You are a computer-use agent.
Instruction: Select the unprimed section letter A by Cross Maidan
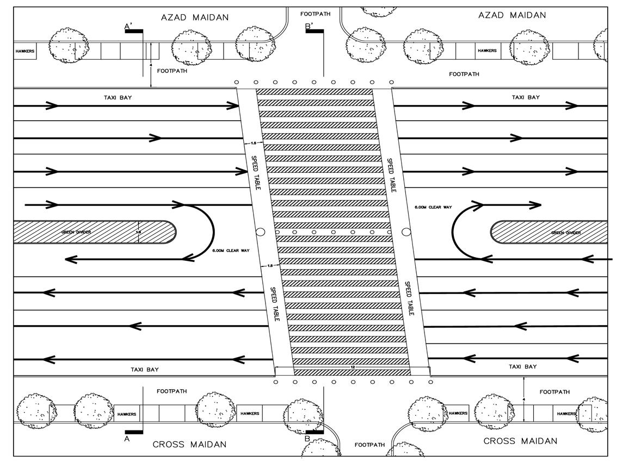point(127,439)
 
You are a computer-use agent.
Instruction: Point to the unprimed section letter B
point(307,439)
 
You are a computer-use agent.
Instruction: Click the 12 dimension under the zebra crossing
point(353,368)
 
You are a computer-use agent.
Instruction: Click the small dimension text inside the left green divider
point(138,232)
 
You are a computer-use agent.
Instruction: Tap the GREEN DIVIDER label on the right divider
point(566,233)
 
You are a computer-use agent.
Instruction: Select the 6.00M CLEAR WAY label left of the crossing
point(231,250)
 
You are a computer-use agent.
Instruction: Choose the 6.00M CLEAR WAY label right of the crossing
point(433,207)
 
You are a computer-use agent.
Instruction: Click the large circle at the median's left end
point(261,232)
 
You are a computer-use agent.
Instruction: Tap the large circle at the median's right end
point(406,232)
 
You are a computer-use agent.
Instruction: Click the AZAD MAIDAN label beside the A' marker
point(195,17)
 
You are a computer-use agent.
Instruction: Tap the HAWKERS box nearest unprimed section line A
point(127,414)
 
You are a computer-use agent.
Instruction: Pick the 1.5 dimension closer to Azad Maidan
point(254,143)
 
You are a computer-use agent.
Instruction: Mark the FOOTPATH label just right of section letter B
point(370,445)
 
